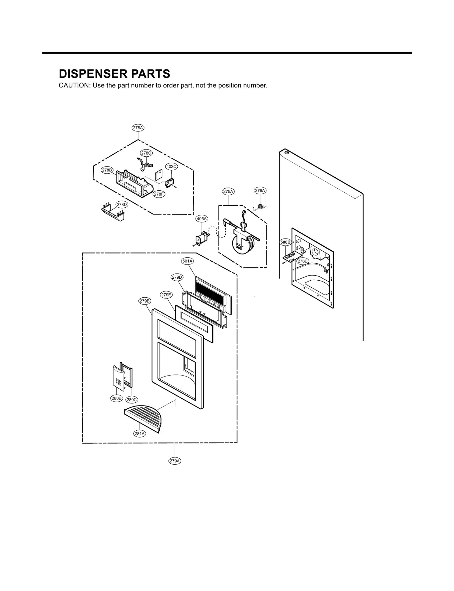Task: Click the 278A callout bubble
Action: tap(138, 128)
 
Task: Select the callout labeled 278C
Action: tap(146, 153)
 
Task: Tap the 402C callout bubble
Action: tap(171, 167)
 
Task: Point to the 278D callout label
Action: tap(122, 205)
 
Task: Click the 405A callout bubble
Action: tap(202, 219)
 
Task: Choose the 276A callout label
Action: tap(260, 191)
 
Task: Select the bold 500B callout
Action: tap(285, 242)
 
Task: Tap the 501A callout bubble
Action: tap(187, 261)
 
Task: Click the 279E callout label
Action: tap(166, 295)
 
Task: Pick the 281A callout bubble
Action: tap(140, 434)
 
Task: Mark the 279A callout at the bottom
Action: tap(175, 461)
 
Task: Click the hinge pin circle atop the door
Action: tap(286, 153)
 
